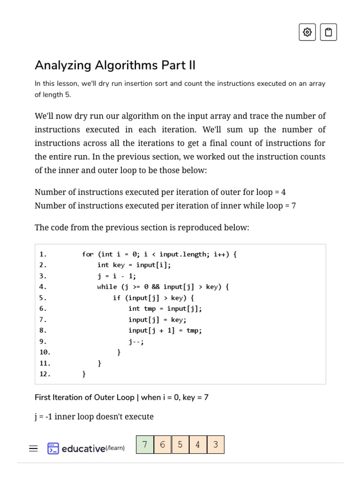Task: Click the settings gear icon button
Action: pos(307,32)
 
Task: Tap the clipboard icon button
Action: pos(329,32)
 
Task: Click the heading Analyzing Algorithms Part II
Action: pos(115,65)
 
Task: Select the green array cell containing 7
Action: pos(145,444)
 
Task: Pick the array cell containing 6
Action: pos(163,444)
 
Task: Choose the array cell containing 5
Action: pos(180,444)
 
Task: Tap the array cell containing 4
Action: pos(198,444)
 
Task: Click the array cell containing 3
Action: pos(216,444)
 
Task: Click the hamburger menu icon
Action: pos(33,449)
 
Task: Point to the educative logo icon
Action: pos(53,449)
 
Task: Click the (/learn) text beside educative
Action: pos(115,448)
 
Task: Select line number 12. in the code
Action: pos(45,374)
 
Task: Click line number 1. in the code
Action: pos(43,254)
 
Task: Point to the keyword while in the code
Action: pos(107,287)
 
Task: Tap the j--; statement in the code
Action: pos(136,341)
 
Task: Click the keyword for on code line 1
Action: pos(88,254)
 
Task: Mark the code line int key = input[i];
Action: pos(134,265)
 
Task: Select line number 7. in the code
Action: pos(43,320)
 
